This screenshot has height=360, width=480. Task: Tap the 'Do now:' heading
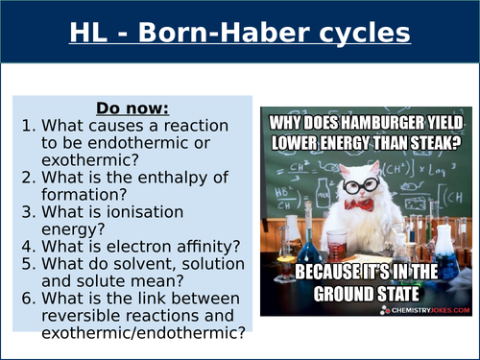[134, 108]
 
